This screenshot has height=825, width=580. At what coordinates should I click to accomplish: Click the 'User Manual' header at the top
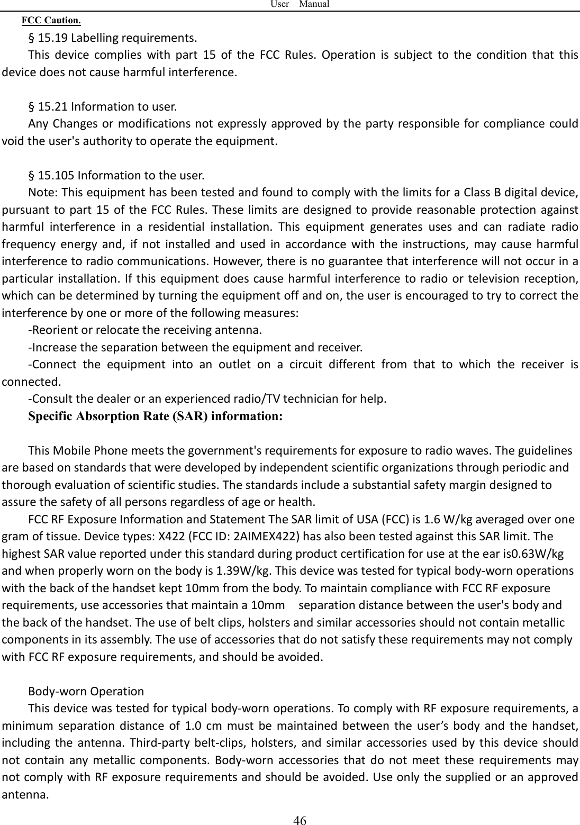(300, 4)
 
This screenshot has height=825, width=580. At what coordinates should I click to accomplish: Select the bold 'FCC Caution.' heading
(51, 21)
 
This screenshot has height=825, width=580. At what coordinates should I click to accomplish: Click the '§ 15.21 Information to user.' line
(103, 107)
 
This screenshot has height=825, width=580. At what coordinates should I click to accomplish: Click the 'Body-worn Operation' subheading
(86, 691)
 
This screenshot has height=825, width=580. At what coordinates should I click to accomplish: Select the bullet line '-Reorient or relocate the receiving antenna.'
(144, 331)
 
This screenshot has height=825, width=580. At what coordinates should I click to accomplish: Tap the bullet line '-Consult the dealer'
(207, 398)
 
